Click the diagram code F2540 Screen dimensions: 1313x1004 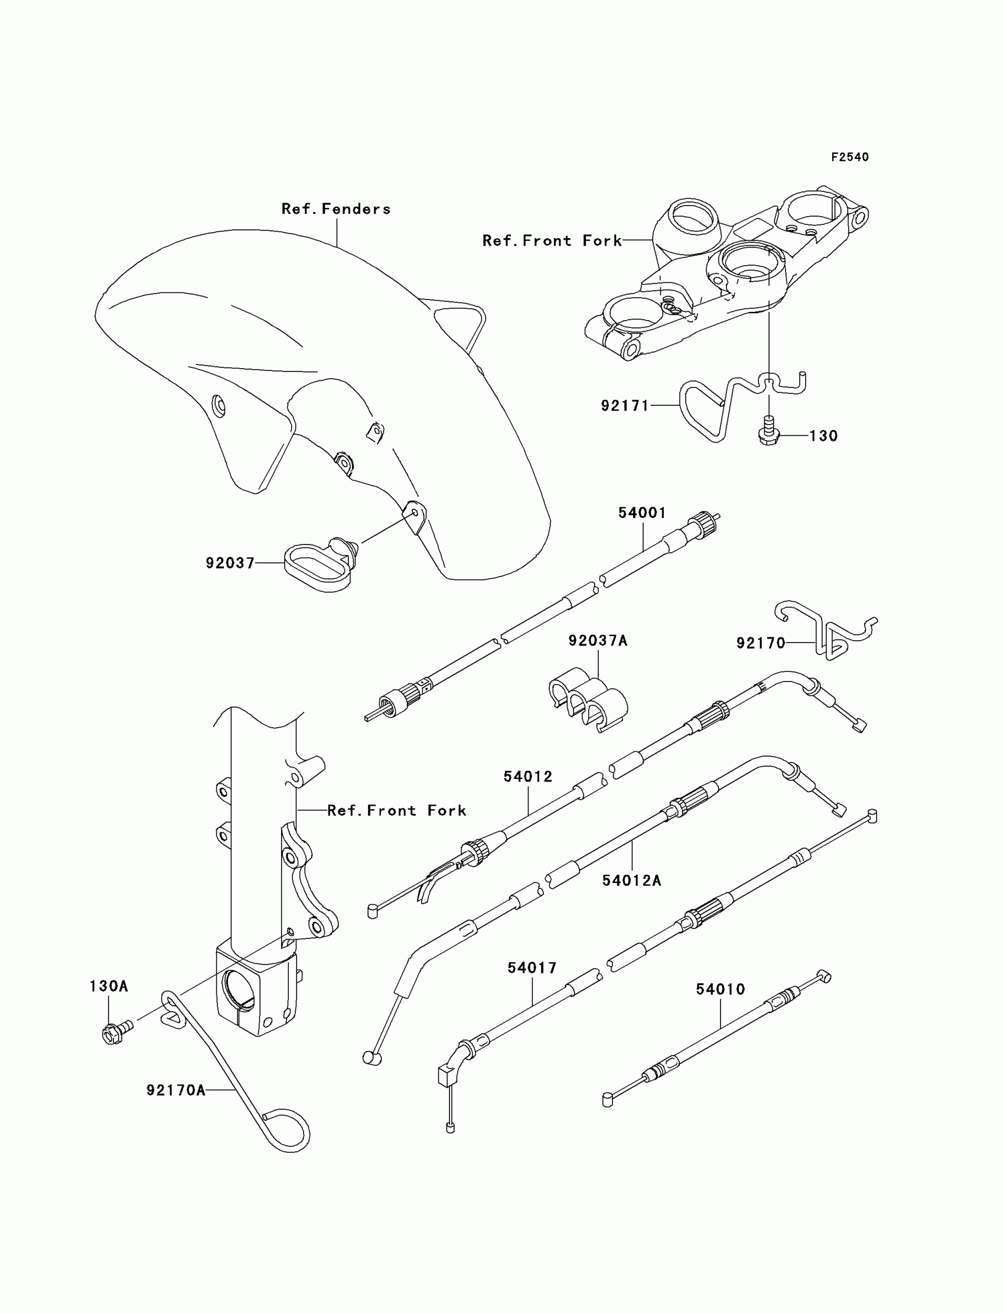tap(849, 157)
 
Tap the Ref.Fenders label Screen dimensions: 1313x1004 tap(336, 209)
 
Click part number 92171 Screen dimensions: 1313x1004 tap(624, 406)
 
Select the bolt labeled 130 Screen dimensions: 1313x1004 tap(768, 435)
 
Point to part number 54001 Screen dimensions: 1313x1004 tap(642, 513)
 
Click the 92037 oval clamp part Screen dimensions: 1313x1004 tap(317, 566)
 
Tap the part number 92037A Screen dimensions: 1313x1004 tap(598, 641)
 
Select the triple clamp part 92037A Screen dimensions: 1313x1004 tap(588, 699)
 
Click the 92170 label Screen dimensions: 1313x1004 tap(760, 643)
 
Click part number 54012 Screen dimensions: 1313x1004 tap(528, 777)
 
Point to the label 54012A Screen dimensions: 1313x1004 tap(632, 881)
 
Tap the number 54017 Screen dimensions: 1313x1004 tap(532, 967)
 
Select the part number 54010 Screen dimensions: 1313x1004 tap(720, 989)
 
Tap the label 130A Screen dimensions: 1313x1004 tap(109, 986)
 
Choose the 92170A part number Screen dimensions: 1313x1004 tap(176, 1091)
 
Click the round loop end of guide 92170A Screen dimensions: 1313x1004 tap(288, 1129)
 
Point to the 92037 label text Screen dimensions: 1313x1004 tap(230, 563)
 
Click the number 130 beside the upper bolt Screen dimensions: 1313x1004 tap(823, 436)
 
